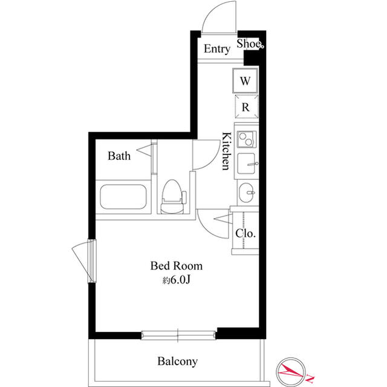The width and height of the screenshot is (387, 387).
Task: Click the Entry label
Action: (217, 49)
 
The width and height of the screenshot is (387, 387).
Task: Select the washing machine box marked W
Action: (245, 81)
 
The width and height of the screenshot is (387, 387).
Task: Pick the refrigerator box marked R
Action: (246, 107)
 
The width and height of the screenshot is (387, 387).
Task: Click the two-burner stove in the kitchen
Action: (247, 139)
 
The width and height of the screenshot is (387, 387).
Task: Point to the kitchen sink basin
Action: (246, 164)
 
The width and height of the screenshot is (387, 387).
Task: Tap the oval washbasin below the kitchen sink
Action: (247, 193)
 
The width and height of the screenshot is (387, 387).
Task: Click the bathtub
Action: (123, 197)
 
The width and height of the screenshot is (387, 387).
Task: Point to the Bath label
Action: (119, 156)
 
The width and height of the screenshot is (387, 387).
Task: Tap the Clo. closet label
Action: (245, 233)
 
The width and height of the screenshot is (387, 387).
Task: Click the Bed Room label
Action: (177, 266)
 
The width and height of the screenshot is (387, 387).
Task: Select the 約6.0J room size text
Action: (176, 280)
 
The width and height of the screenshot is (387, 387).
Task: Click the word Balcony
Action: (178, 362)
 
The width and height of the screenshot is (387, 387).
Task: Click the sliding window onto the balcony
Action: (178, 335)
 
